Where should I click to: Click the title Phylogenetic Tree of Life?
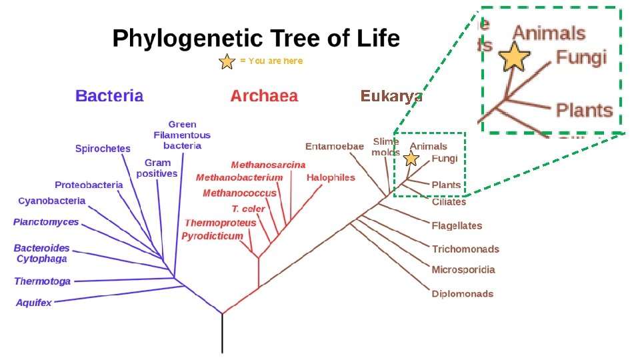[256, 38]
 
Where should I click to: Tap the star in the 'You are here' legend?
[227, 62]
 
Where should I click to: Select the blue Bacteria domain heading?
[109, 95]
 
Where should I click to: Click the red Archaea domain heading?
[264, 95]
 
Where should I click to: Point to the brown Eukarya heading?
[391, 96]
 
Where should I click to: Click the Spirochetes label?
[103, 148]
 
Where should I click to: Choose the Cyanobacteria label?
[52, 200]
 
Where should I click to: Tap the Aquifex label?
[33, 303]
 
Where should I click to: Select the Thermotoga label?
[42, 281]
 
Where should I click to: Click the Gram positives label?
[157, 168]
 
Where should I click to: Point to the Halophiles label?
[331, 177]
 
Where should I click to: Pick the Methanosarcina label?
[268, 165]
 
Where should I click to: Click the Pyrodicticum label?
[212, 236]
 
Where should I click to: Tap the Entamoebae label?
[335, 146]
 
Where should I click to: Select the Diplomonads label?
[463, 293]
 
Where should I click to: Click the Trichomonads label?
[465, 249]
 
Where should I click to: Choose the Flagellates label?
[457, 225]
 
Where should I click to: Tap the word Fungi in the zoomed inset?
[581, 57]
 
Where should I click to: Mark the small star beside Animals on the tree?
[411, 159]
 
